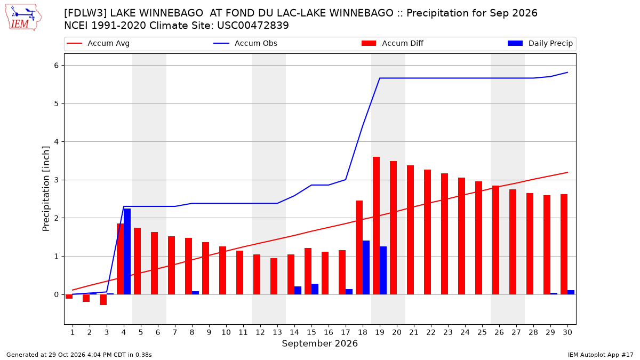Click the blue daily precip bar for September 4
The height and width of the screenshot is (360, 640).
click(127, 251)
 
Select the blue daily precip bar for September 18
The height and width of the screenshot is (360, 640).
click(366, 267)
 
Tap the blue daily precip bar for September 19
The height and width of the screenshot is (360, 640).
click(383, 270)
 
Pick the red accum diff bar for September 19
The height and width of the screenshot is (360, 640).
click(377, 226)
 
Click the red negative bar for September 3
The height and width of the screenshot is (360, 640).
click(103, 300)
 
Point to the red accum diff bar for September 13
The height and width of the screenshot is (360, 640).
click(274, 276)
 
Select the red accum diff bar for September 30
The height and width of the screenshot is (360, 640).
click(564, 244)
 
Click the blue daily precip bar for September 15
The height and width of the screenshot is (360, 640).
click(315, 289)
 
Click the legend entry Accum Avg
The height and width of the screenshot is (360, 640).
click(98, 43)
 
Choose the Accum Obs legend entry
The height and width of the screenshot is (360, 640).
click(245, 43)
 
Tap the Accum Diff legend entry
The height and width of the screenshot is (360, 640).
click(393, 43)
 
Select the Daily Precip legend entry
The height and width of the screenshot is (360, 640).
click(540, 43)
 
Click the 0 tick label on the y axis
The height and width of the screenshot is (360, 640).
click(56, 294)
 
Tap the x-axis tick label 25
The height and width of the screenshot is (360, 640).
click(482, 332)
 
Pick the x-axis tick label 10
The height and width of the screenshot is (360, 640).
click(226, 332)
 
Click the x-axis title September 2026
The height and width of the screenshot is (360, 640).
click(319, 343)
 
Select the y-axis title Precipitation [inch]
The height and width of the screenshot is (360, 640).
click(46, 189)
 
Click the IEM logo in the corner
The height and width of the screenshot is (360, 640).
click(23, 18)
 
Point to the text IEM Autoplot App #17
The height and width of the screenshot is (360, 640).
click(601, 355)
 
